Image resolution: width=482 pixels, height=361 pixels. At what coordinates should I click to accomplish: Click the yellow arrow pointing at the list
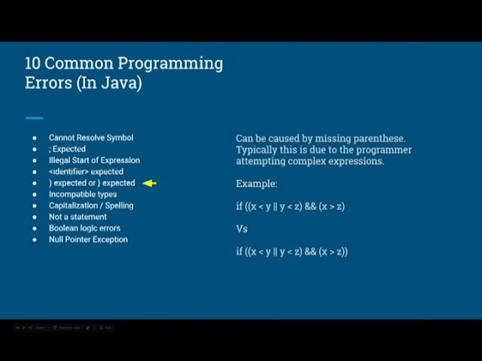point(149,183)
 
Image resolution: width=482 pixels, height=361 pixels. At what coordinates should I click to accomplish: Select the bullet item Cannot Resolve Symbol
point(91,138)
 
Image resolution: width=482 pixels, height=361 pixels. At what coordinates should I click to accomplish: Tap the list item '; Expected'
point(68,149)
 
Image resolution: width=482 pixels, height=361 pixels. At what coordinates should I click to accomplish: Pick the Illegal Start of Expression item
point(94,160)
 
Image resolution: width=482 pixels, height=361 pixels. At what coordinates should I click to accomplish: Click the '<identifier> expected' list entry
point(86,171)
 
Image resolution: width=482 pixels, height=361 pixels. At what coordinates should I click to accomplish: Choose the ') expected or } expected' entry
point(92,183)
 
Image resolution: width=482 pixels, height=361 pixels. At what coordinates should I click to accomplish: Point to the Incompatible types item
point(83,194)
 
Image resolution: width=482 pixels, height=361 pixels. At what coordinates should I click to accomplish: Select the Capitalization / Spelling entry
point(91,205)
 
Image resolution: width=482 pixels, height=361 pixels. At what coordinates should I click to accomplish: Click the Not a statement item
point(78,217)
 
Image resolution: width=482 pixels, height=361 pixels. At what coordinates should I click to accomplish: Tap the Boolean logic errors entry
point(84,228)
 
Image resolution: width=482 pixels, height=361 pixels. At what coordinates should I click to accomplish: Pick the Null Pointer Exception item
point(88,239)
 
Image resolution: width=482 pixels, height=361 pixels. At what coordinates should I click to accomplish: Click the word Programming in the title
point(172,63)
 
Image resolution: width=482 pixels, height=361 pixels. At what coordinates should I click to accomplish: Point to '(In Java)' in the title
point(108,83)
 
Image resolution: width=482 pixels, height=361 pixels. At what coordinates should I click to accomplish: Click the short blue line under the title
point(34,118)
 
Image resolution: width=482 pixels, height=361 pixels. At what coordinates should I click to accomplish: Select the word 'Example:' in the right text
point(257,184)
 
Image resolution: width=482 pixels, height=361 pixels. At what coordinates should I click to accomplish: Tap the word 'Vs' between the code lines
point(242,229)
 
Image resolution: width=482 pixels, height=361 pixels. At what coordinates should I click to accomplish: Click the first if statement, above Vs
point(290,206)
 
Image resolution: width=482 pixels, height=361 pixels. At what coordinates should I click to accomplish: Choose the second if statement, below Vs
point(291,251)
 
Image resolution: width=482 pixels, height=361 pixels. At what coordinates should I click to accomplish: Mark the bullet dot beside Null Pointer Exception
point(34,240)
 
